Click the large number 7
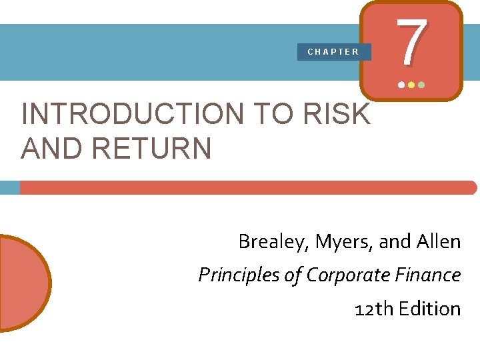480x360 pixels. point(411,41)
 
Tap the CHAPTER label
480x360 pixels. point(333,51)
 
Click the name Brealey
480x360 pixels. point(269,241)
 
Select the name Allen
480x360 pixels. point(438,241)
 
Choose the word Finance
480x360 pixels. point(431,275)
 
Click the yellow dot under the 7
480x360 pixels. point(411,85)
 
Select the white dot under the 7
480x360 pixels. point(401,85)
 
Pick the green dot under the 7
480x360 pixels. point(421,85)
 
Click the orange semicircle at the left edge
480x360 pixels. point(23,283)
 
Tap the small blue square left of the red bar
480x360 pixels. point(9,187)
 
